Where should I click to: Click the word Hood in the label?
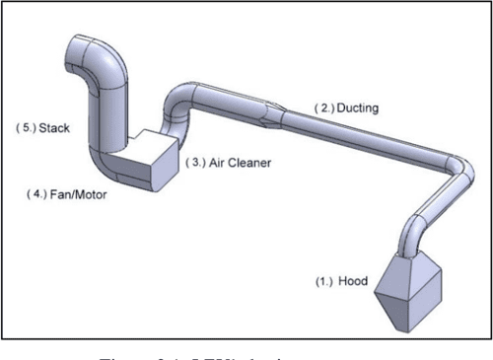coord(353,282)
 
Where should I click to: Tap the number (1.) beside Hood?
coord(325,282)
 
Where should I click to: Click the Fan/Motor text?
coord(85,194)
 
